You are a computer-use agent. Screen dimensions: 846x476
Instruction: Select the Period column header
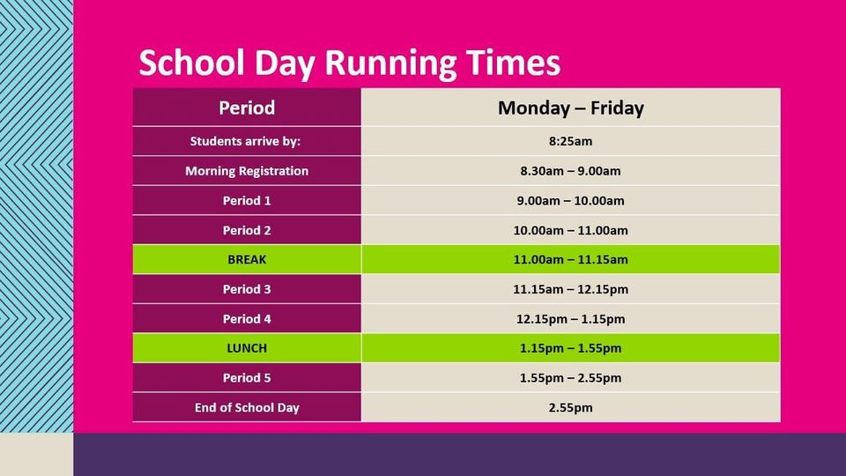click(x=247, y=108)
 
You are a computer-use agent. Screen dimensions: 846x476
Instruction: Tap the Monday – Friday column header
click(x=570, y=108)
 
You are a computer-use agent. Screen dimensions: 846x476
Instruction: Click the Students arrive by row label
click(x=245, y=141)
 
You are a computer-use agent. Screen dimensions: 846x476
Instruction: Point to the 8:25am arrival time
click(x=570, y=141)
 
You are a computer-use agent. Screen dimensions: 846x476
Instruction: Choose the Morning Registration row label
click(x=247, y=170)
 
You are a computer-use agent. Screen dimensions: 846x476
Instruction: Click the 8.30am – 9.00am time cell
click(x=570, y=170)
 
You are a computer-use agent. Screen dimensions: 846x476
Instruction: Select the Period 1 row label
click(x=247, y=200)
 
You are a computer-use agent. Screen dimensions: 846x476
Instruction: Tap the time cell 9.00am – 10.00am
click(x=570, y=200)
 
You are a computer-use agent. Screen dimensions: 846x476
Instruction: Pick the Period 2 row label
click(x=247, y=230)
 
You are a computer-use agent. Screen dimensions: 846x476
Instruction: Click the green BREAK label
click(x=247, y=259)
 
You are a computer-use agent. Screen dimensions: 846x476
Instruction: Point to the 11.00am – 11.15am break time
click(x=570, y=259)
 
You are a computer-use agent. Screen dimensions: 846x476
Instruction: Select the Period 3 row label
click(x=247, y=289)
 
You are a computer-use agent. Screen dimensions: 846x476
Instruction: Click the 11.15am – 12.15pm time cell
click(x=570, y=289)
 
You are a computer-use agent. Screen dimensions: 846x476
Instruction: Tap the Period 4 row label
click(x=247, y=319)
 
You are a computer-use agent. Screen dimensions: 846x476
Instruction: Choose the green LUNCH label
click(x=247, y=348)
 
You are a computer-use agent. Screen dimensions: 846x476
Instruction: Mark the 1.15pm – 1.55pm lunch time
click(x=570, y=348)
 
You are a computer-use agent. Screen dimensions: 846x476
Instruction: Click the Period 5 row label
click(x=247, y=378)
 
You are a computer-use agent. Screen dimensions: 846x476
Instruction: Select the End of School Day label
click(x=247, y=407)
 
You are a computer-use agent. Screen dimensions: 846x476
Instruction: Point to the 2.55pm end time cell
click(x=570, y=407)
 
